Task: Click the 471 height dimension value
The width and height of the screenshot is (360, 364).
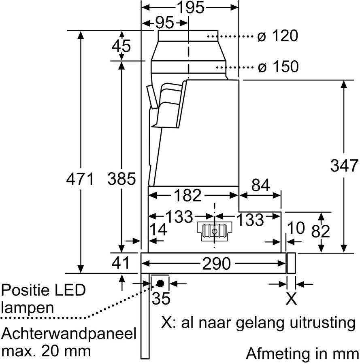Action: click(x=80, y=178)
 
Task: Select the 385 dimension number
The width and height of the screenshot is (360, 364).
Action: click(x=121, y=178)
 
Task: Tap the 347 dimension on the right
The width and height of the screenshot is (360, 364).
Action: click(x=344, y=166)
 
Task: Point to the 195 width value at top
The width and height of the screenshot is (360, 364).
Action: click(x=191, y=7)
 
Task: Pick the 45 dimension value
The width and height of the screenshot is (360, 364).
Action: click(x=121, y=46)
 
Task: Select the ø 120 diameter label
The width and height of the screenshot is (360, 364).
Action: click(x=278, y=36)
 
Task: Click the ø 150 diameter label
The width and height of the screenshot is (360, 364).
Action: click(x=278, y=67)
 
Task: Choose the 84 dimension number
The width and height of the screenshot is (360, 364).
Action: click(x=260, y=186)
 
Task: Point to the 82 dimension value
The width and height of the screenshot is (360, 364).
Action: click(x=321, y=231)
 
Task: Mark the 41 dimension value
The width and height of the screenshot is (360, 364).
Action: click(x=121, y=263)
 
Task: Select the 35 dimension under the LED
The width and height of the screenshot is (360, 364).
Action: click(x=161, y=299)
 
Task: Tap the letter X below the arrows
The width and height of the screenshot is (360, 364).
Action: click(x=291, y=299)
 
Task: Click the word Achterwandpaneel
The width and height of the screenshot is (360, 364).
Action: click(x=69, y=334)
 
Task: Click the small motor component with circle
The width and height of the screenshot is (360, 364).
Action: click(x=214, y=231)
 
